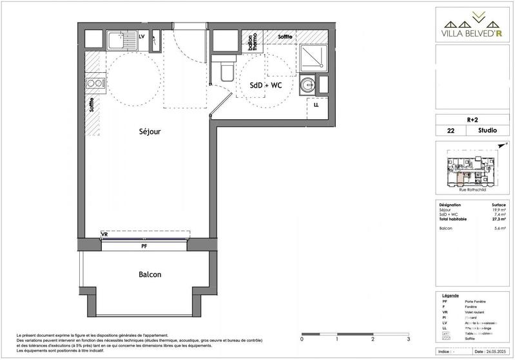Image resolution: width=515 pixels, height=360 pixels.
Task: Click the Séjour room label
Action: click(x=150, y=131)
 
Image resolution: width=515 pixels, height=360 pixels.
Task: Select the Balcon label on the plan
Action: click(x=150, y=274)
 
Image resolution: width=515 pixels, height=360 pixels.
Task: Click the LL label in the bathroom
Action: click(x=316, y=104)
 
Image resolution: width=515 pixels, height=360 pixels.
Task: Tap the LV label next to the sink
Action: click(x=142, y=36)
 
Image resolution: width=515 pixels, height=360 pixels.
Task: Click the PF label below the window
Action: click(x=144, y=245)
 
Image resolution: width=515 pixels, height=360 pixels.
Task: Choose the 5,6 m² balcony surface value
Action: click(x=499, y=228)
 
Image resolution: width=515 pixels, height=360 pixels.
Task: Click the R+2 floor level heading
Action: click(x=472, y=119)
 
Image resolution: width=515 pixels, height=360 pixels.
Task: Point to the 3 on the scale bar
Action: click(x=408, y=338)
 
